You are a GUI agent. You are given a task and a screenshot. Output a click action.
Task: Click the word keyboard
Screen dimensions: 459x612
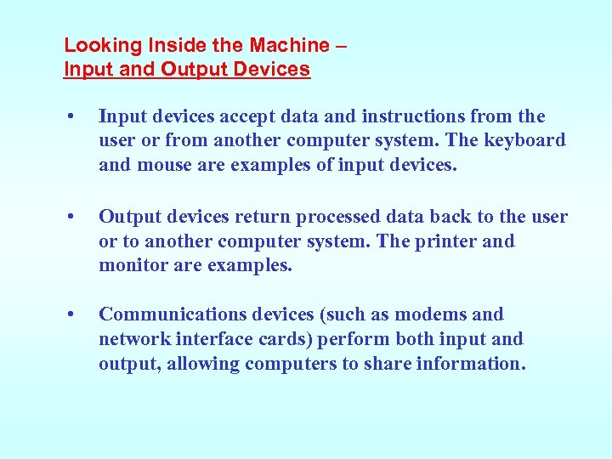coord(525,140)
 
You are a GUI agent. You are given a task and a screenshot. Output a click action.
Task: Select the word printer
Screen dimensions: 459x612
coord(445,241)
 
